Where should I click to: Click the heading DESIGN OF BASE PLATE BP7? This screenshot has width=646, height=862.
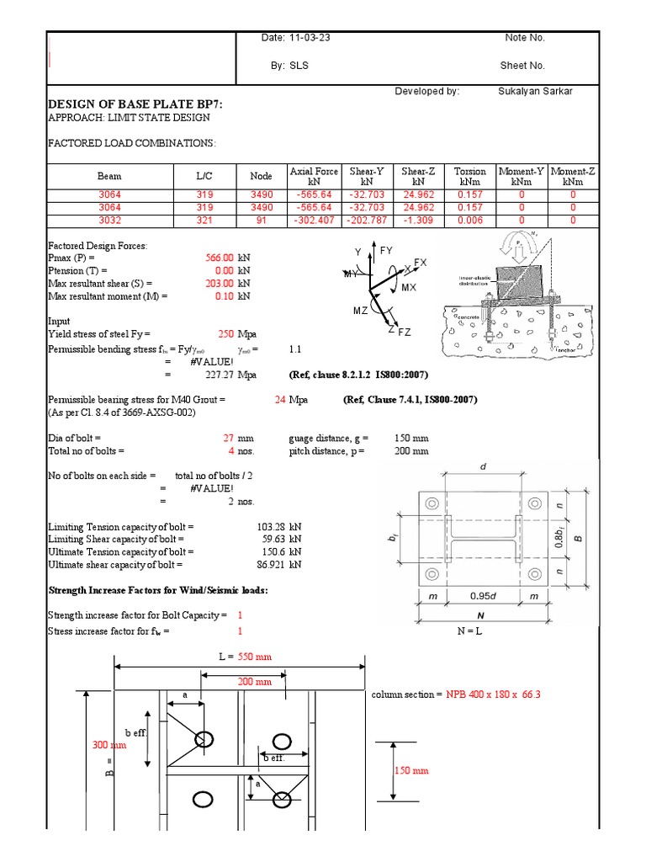135,104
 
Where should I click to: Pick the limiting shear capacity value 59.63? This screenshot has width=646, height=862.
269,540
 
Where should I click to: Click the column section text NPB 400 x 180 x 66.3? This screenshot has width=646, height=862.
493,694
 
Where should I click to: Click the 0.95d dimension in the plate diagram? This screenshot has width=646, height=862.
482,596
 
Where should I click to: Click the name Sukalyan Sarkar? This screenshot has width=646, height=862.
533,91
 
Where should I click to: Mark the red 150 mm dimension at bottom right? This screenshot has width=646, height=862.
410,771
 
